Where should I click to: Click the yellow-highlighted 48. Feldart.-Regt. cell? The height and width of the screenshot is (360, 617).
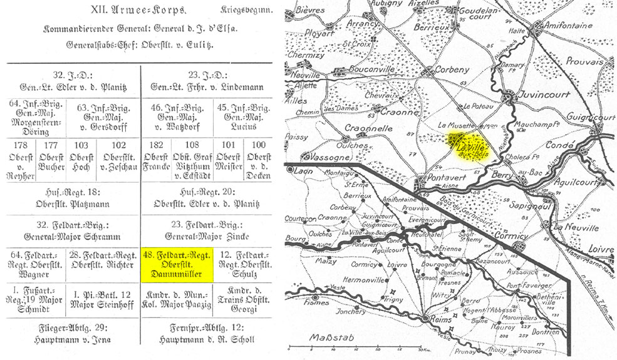(178, 264)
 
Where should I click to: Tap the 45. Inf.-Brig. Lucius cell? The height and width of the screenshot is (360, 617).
(242, 117)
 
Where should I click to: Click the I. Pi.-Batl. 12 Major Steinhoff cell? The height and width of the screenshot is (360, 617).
(106, 297)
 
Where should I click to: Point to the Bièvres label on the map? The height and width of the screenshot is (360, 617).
(311, 10)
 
